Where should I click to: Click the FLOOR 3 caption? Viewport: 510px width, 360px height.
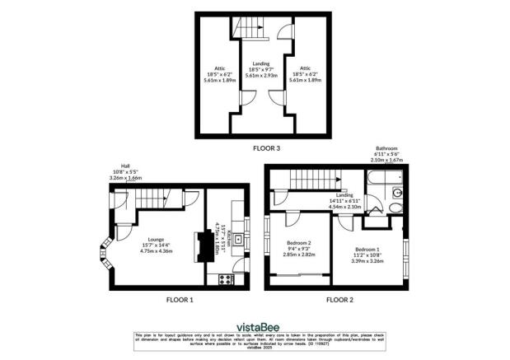pos(269,149)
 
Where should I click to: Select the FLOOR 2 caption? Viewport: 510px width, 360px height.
pos(339,299)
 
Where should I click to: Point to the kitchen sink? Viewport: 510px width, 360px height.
pos(237,240)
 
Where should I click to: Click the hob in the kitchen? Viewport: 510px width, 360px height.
pos(225,279)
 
